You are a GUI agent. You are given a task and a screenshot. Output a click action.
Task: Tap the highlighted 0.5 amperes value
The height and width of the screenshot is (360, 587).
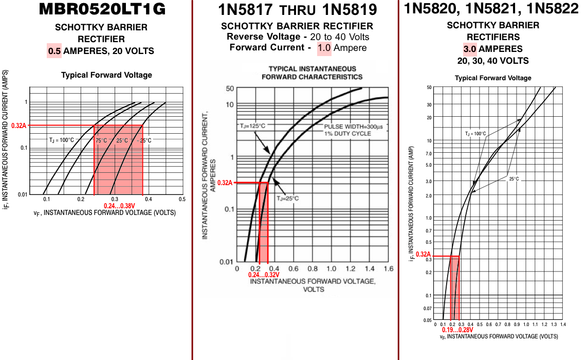[x=54, y=51]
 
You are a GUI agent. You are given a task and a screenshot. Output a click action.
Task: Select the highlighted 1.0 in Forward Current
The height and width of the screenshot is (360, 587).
[x=324, y=48]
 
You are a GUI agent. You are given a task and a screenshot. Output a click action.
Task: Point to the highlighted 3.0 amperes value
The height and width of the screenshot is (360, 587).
[x=470, y=49]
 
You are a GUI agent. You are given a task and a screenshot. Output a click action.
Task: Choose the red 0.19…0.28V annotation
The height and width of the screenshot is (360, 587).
[x=457, y=330]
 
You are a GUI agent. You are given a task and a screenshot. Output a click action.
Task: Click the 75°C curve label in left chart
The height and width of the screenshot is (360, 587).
[x=101, y=140]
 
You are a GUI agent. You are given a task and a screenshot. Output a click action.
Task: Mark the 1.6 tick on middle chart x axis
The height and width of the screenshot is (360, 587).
[x=388, y=269]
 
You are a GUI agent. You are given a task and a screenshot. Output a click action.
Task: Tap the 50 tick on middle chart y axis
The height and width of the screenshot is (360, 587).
[x=230, y=88]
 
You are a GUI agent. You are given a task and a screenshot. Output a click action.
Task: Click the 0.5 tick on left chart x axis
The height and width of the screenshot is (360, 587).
[x=181, y=199]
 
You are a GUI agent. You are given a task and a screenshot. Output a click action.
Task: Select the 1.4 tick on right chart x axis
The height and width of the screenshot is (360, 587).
[x=562, y=325]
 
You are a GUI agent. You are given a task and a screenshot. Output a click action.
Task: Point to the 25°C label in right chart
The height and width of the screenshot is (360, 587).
[x=513, y=179]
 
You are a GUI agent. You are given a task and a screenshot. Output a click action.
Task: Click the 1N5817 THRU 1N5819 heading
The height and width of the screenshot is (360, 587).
[x=297, y=10]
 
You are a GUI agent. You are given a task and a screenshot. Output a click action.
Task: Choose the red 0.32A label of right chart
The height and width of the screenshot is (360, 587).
[x=423, y=255]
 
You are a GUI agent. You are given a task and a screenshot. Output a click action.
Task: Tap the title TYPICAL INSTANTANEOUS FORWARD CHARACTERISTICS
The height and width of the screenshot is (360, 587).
[x=312, y=73]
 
